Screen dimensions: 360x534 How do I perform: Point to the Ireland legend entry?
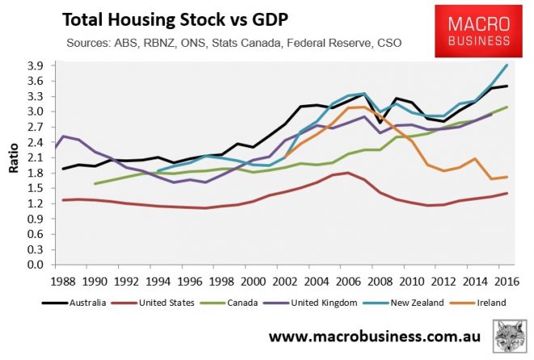[x=485, y=303]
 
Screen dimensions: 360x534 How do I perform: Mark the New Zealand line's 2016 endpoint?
[x=506, y=66]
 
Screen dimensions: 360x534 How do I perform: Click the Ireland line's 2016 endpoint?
[x=506, y=177]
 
